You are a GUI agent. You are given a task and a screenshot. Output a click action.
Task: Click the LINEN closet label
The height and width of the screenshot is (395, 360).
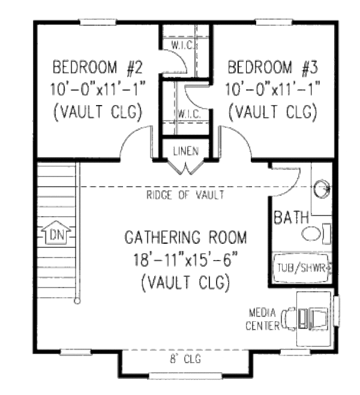coord(182,150)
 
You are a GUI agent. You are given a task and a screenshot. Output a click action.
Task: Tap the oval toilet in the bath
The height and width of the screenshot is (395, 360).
coord(312,234)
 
